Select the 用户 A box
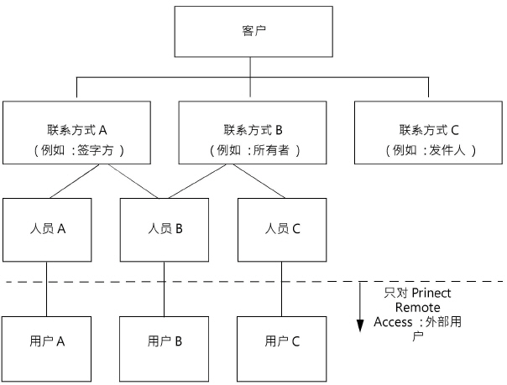(47, 341)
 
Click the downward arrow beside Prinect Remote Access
(360, 310)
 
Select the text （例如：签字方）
(77, 151)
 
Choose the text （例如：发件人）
(428, 151)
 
